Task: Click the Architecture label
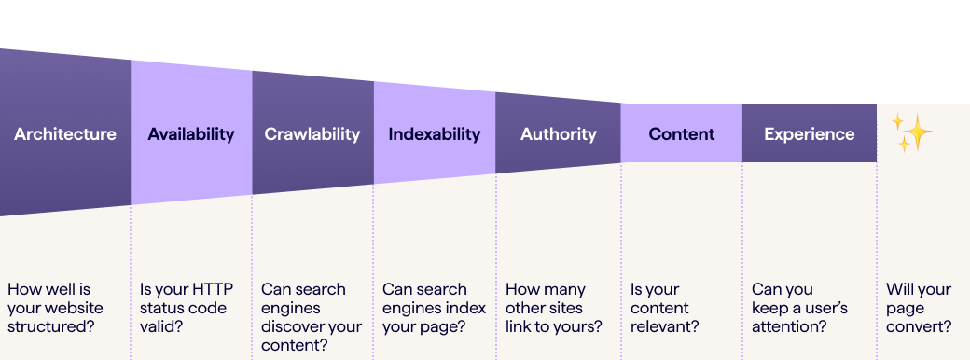65,134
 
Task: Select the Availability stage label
191,134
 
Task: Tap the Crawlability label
312,134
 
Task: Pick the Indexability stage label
435,134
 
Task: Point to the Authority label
558,134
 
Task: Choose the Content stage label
682,134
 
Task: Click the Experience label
809,134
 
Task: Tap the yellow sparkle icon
911,132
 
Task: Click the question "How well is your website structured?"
56,308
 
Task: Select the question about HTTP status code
184,308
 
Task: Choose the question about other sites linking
553,308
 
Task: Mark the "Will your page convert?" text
919,308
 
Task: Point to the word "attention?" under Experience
789,326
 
